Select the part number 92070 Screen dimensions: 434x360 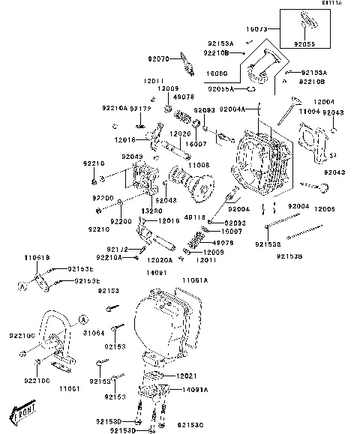tap(158, 58)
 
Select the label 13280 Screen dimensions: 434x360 tap(151, 211)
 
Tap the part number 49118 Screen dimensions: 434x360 tap(194, 217)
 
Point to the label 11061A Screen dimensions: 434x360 tap(194, 280)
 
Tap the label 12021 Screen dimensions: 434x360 tap(188, 375)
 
